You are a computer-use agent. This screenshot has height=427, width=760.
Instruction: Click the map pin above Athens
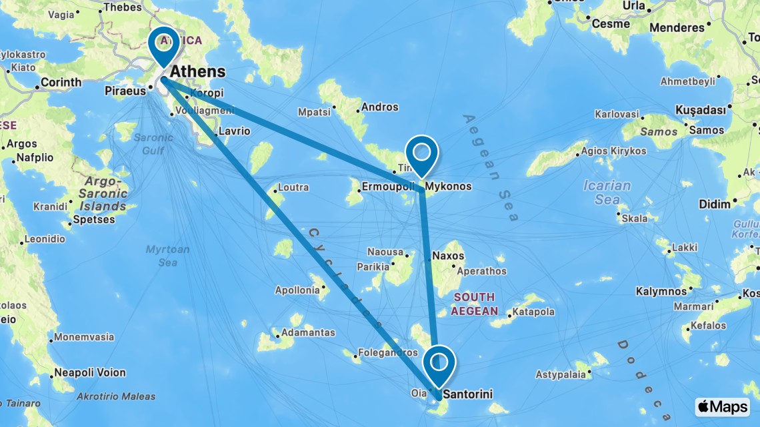point(163,45)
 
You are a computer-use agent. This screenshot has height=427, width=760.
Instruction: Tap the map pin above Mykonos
point(421,153)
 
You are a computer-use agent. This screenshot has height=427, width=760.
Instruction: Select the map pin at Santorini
point(439,363)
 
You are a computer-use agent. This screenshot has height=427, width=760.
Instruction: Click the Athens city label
point(198,71)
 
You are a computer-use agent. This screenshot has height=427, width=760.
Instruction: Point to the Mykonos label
point(448,187)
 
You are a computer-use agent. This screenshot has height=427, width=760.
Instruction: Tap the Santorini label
point(467,394)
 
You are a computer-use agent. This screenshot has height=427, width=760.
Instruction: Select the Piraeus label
point(125,91)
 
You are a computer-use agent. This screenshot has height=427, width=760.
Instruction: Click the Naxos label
point(448,255)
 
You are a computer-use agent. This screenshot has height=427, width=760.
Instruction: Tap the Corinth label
point(61,83)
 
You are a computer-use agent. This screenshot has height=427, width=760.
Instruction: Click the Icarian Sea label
point(607,192)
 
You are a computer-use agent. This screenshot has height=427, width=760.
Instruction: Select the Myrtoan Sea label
point(168,256)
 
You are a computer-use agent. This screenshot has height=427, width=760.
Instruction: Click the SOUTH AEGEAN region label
point(473,304)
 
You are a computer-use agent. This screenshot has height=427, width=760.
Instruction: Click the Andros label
point(381,107)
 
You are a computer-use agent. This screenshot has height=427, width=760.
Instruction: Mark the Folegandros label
point(388,352)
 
